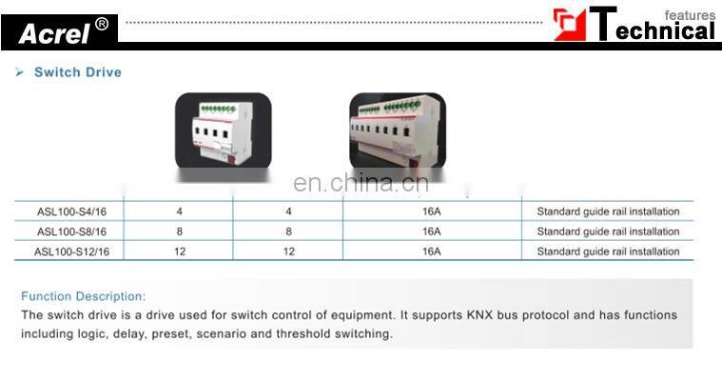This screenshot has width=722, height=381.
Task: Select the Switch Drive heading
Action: pos(78,72)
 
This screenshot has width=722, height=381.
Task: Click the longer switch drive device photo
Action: pos(397,135)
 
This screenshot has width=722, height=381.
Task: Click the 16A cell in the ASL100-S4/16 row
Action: pos(431,211)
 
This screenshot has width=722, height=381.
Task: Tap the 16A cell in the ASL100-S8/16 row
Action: pos(431,231)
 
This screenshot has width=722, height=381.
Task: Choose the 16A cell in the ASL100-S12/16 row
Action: pos(431,251)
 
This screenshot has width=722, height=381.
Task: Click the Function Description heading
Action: pos(84,296)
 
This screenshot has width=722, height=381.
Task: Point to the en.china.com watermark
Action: pos(361,184)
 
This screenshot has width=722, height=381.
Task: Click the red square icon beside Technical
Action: pos(570,25)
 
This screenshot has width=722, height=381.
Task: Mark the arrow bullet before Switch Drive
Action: pos(20,72)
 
